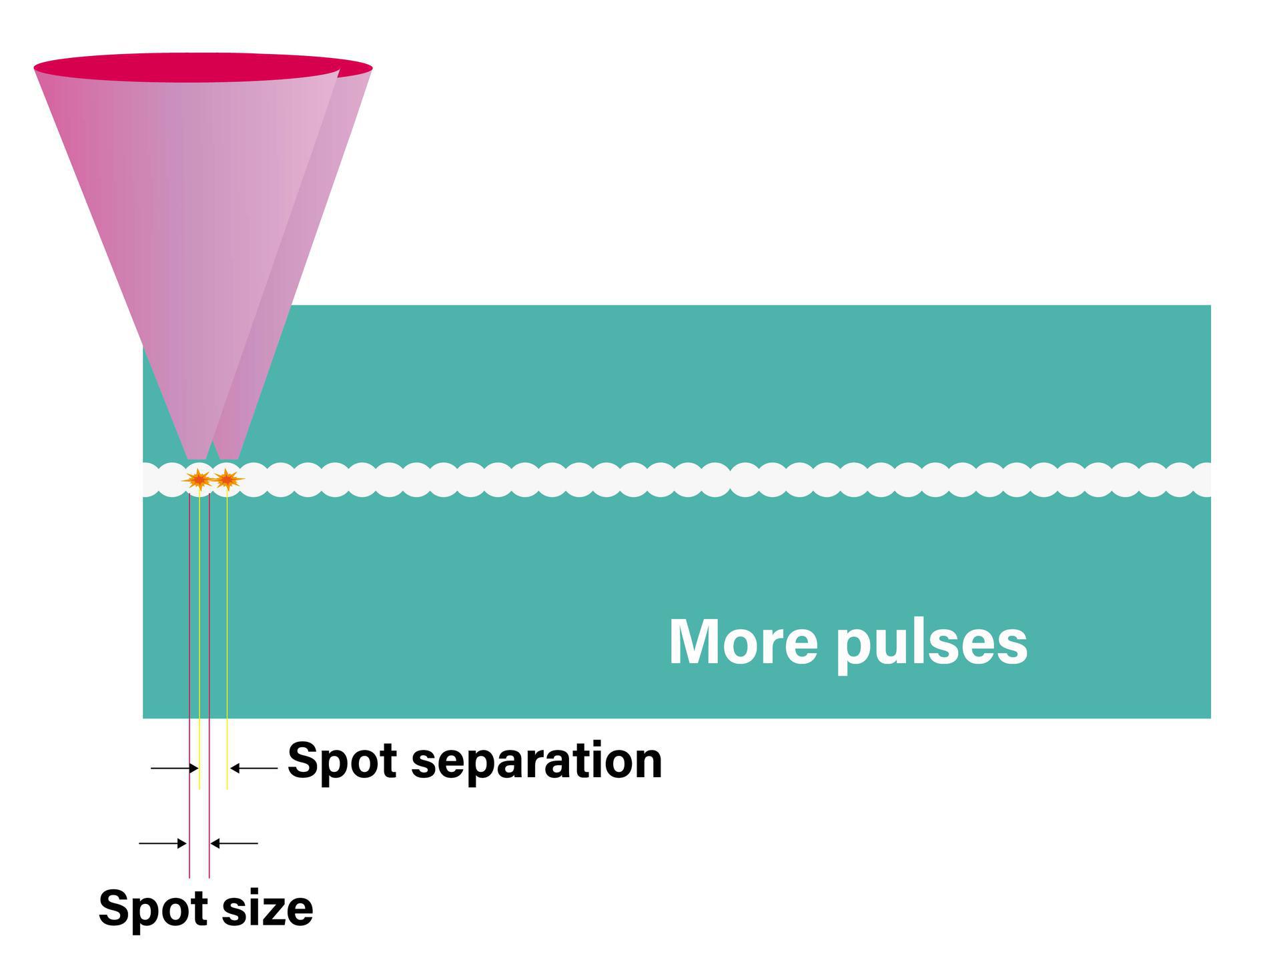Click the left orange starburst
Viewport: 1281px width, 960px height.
[199, 479]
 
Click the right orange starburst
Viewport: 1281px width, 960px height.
[227, 479]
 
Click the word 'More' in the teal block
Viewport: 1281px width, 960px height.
[743, 642]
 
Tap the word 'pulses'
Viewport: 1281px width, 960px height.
[931, 644]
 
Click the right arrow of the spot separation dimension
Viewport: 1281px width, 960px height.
[254, 769]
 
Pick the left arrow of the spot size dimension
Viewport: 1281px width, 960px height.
[163, 843]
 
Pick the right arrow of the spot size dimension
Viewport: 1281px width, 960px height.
[234, 843]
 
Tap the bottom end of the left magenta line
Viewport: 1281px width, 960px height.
[189, 876]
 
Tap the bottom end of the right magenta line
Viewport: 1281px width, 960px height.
[209, 876]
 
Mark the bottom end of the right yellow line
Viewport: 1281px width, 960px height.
[227, 788]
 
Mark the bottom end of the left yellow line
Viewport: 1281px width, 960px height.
[199, 788]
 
